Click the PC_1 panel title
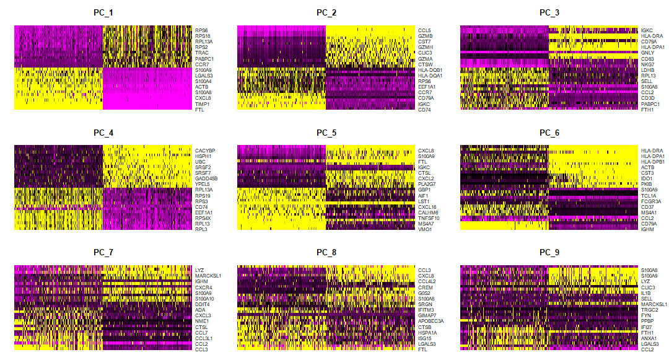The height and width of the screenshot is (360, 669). tap(103, 12)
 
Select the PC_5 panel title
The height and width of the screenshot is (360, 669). tap(326, 133)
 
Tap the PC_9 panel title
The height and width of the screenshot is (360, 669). tap(549, 252)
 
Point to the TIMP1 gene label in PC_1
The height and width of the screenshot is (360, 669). tap(203, 104)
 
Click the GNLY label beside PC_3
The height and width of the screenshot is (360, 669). tap(647, 53)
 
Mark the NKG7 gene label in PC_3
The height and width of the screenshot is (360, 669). tap(647, 64)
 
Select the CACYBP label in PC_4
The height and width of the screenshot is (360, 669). tap(205, 150)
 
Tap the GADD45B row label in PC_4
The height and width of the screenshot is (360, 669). tap(206, 178)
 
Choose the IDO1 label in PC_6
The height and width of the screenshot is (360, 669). tap(647, 178)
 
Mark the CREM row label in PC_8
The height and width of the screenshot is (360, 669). tap(425, 288)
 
